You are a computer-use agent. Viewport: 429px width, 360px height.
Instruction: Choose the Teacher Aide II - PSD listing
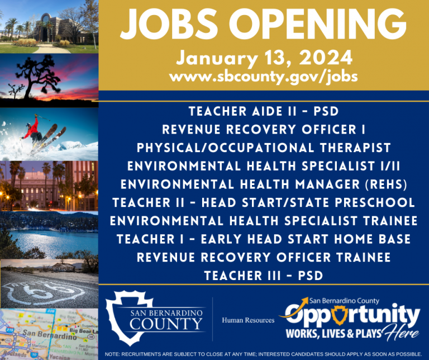264,112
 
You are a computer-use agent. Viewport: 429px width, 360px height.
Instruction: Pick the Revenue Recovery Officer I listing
264,130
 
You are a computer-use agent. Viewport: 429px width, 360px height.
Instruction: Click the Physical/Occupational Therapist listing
264,148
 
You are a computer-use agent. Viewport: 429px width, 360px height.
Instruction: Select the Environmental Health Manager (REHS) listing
264,184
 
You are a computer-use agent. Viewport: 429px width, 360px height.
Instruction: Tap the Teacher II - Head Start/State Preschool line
264,202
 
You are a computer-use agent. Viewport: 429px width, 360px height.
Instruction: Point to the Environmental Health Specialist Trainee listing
264,221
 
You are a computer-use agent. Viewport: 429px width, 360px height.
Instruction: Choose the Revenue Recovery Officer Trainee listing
264,257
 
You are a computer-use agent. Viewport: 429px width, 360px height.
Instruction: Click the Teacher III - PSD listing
264,276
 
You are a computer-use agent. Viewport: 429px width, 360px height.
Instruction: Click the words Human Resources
248,320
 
